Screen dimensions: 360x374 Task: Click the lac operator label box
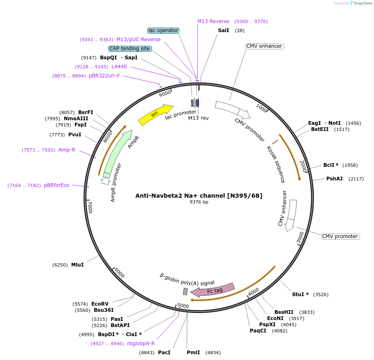click(163, 30)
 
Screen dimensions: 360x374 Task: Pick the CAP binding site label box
click(130, 49)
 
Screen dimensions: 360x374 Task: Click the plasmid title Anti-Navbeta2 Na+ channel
click(199, 195)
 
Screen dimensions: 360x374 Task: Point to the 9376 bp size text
click(199, 202)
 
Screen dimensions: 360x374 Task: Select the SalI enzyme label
click(223, 31)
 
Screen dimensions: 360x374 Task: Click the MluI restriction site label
click(77, 265)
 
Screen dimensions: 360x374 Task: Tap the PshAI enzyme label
click(335, 179)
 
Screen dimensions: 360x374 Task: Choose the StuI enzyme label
click(300, 295)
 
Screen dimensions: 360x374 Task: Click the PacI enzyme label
click(164, 353)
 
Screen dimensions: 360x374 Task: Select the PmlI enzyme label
click(193, 353)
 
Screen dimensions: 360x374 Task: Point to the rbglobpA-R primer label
click(141, 343)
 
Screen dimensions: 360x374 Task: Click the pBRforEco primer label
click(57, 185)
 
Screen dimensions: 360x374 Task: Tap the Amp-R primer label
click(67, 150)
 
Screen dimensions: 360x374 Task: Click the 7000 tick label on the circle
click(91, 207)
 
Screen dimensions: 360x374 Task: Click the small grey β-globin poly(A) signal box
click(185, 291)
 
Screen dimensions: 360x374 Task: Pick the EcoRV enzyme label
click(100, 304)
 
